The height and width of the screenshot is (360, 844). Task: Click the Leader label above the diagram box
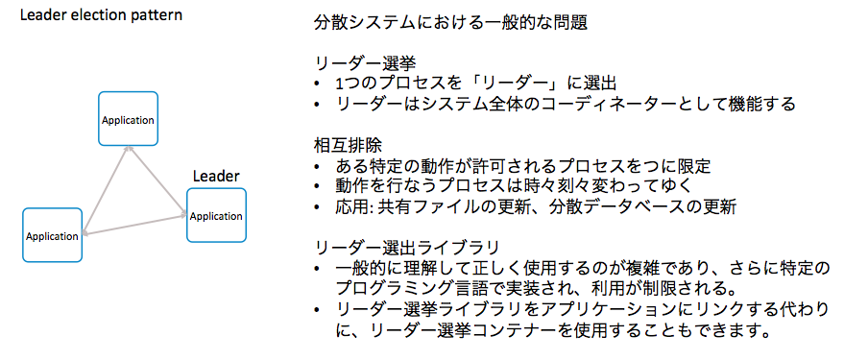coord(216,177)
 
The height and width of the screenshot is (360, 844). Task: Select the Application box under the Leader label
coord(216,215)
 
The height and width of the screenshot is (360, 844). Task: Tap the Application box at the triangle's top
coord(129,119)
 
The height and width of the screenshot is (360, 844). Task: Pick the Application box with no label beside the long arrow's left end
coord(52,235)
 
